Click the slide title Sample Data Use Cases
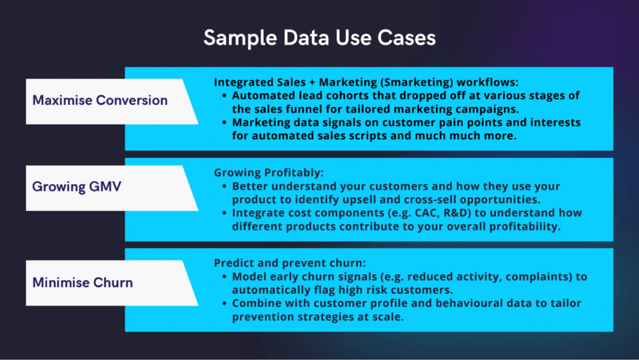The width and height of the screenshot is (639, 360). tap(319, 38)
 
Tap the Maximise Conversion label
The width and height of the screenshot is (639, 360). tap(100, 100)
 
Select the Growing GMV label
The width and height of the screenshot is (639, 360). tap(77, 186)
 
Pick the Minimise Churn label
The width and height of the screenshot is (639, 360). tap(82, 283)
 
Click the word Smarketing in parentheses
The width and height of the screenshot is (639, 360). tap(417, 82)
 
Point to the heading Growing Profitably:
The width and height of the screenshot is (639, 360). tap(269, 173)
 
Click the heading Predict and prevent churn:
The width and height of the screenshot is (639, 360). tap(290, 263)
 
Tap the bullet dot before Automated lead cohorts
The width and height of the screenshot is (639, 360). tap(224, 96)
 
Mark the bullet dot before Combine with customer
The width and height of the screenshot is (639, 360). tap(224, 303)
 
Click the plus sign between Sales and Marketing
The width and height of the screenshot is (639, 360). tap(312, 82)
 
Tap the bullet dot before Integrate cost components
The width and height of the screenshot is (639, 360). tap(224, 213)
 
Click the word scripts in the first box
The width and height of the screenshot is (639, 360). tap(368, 136)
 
